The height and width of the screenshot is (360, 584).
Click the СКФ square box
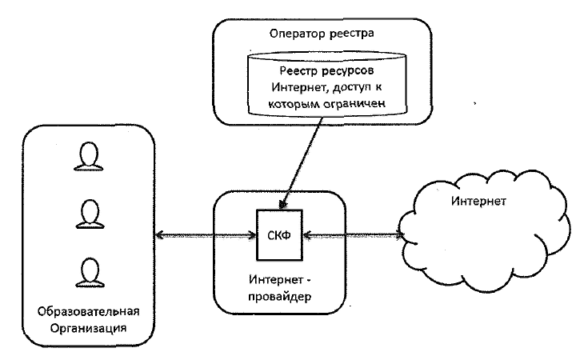279,234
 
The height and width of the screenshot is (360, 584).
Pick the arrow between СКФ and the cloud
352,235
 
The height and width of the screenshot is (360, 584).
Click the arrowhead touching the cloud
402,235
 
